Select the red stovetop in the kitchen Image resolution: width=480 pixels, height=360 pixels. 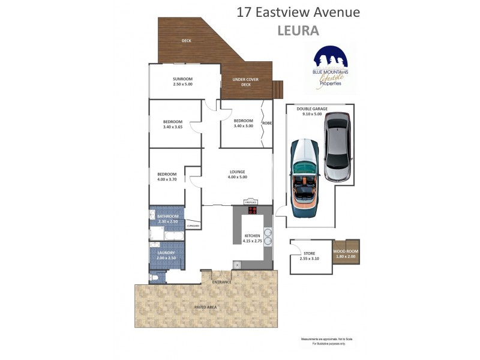252,210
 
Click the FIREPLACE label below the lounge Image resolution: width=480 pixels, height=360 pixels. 251,202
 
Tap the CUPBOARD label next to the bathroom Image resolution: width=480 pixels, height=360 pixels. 193,226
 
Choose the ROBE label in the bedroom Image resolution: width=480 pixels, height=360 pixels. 268,122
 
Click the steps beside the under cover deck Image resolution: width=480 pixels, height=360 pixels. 277,90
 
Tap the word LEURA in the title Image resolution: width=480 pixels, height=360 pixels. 298,31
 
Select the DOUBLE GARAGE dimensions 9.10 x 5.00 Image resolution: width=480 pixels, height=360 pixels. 313,114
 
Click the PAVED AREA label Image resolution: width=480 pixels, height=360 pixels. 206,307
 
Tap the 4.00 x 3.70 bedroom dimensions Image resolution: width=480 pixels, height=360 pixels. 167,179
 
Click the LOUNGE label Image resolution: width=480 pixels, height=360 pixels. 237,171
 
